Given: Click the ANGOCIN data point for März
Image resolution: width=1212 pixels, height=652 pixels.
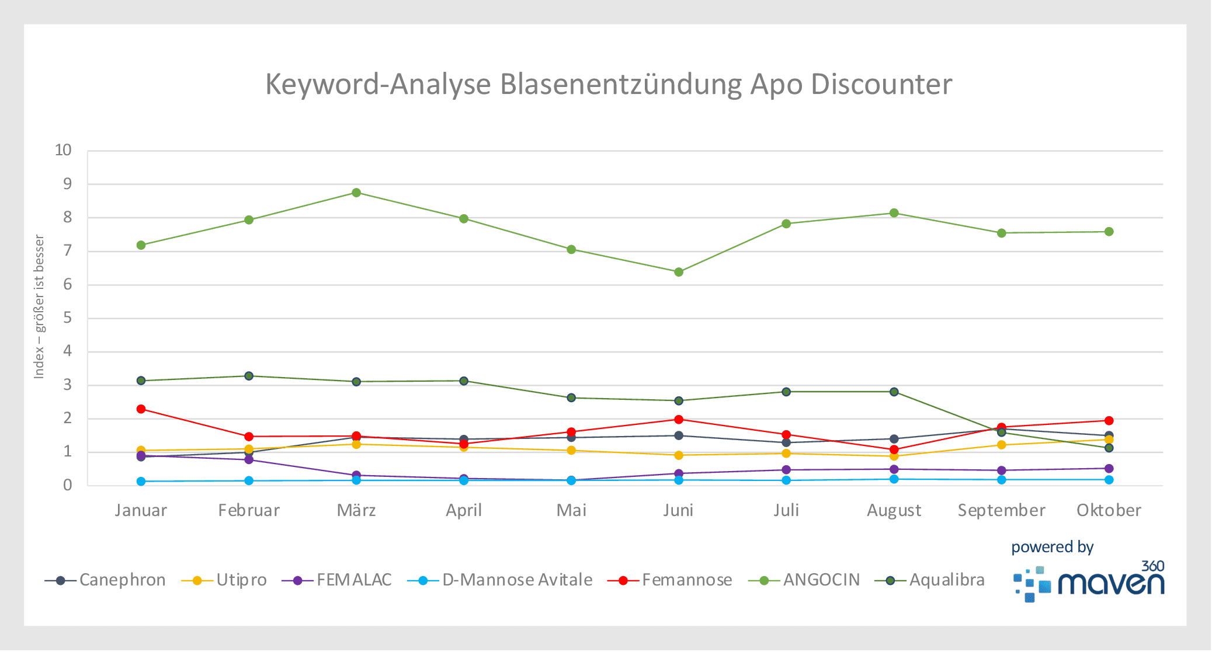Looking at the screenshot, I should [356, 193].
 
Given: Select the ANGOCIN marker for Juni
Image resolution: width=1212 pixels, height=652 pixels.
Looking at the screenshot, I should [679, 272].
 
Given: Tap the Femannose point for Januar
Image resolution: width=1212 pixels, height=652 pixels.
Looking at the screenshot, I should [141, 409].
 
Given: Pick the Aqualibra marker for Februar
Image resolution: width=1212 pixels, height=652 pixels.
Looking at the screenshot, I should [249, 376].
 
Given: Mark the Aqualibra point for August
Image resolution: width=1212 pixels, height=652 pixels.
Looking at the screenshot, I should [894, 392].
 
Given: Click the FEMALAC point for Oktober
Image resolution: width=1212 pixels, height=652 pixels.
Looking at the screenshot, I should [1109, 469].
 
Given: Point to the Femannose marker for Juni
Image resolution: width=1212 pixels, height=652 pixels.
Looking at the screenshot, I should [679, 420].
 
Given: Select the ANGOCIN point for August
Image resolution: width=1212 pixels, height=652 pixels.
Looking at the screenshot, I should [894, 213].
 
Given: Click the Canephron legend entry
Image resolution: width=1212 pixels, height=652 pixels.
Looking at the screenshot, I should [105, 580].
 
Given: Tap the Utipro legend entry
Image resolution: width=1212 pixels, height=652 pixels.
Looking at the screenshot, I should [224, 580].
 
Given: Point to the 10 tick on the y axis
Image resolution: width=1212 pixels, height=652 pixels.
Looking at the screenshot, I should [63, 151].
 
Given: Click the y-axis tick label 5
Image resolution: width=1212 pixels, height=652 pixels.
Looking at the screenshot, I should [68, 318].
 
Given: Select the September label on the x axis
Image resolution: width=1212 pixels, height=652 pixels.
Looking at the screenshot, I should [1001, 511].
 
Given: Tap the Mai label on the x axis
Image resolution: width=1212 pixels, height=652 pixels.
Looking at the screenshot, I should [571, 511].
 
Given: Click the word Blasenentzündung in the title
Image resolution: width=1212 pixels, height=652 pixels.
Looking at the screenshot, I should [621, 85].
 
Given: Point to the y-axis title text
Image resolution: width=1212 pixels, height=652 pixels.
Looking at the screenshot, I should [39, 306].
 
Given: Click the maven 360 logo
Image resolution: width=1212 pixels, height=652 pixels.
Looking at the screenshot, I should [1089, 583].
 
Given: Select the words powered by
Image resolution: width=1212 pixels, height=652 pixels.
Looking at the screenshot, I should [1052, 548].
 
